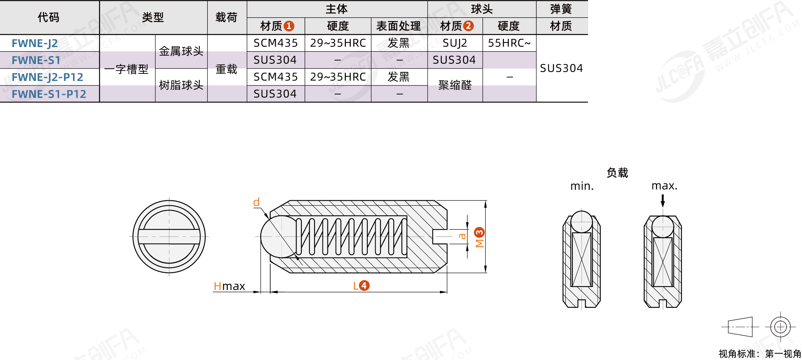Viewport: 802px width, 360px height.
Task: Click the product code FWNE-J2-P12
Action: click(47, 77)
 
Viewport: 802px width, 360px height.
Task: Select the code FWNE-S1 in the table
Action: click(36, 60)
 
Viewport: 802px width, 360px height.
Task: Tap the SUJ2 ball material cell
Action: click(455, 43)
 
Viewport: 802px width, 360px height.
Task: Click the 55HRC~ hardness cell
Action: click(509, 43)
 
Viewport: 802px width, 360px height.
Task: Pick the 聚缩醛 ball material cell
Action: click(455, 85)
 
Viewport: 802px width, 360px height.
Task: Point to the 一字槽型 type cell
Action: click(126, 69)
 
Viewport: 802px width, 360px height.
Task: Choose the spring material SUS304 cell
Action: click(561, 68)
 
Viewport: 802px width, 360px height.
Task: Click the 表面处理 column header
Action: click(399, 26)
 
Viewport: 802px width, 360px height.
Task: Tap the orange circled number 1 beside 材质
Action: click(289, 26)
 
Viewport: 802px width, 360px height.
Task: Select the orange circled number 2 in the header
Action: click(468, 26)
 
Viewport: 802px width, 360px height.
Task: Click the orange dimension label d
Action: click(256, 202)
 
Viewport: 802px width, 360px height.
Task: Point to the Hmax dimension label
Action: click(229, 286)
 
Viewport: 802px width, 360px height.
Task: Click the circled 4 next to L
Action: click(364, 285)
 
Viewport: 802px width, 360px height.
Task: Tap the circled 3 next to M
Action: click(479, 232)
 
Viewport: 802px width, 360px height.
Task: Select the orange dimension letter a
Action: click(462, 236)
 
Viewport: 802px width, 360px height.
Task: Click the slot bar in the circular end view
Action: click(169, 237)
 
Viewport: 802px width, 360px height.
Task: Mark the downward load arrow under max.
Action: click(663, 201)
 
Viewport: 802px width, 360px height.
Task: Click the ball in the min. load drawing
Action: click(581, 221)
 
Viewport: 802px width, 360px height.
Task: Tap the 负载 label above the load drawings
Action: click(617, 173)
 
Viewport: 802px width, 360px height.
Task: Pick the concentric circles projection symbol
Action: click(780, 327)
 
